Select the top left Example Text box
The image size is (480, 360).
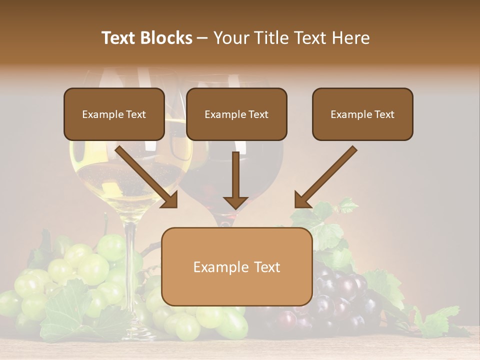(x=114, y=114)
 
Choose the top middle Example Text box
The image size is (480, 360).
(x=236, y=114)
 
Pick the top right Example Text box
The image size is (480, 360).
(x=362, y=114)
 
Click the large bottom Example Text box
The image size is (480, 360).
(x=236, y=266)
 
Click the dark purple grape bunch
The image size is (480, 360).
(x=345, y=295)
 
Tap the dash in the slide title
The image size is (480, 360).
(x=202, y=38)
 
